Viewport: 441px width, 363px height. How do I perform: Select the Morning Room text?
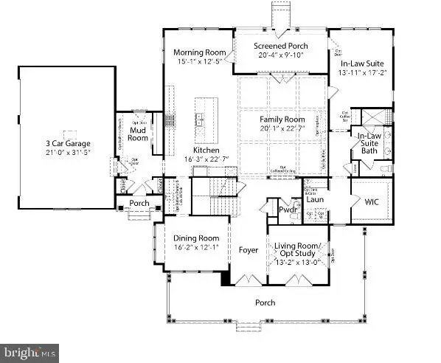tap(198, 53)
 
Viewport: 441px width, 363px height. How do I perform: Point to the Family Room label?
tap(282, 120)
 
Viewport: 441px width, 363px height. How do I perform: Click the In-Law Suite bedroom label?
tap(361, 64)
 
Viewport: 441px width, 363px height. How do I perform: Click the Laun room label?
tap(316, 199)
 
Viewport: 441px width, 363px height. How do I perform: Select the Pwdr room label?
tap(287, 211)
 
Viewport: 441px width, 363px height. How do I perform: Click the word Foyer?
tap(249, 250)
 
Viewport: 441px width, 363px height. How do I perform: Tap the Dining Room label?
tap(196, 238)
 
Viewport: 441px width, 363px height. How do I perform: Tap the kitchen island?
tap(201, 120)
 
